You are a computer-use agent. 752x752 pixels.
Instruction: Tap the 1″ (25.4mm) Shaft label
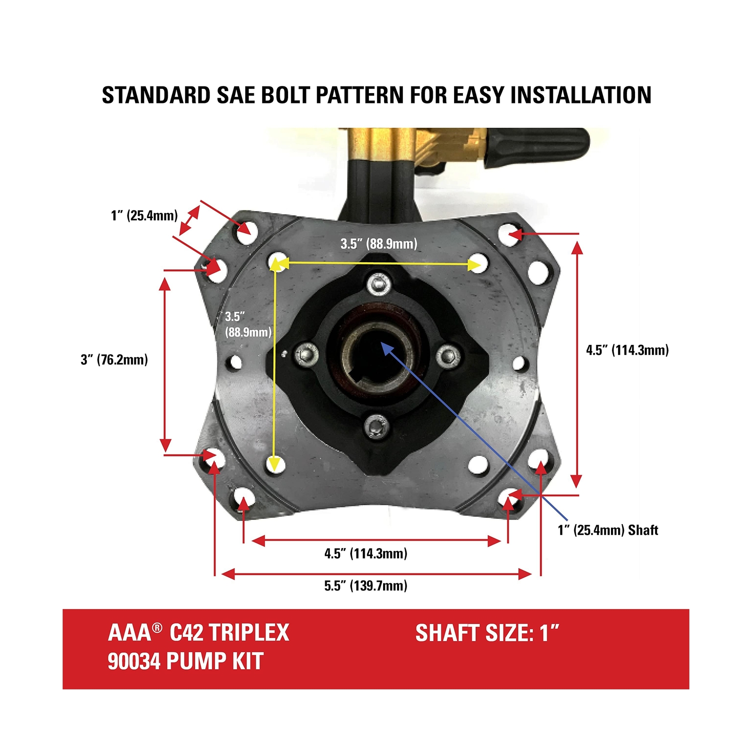pyautogui.click(x=608, y=530)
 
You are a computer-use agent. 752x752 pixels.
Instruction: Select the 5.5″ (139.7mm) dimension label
pyautogui.click(x=366, y=586)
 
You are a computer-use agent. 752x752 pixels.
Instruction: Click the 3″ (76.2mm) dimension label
pyautogui.click(x=114, y=360)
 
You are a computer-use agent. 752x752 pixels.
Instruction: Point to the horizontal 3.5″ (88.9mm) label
pyautogui.click(x=379, y=243)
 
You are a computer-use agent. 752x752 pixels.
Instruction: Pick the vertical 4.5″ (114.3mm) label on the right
pyautogui.click(x=627, y=350)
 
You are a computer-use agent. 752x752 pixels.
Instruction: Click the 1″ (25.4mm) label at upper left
pyautogui.click(x=144, y=215)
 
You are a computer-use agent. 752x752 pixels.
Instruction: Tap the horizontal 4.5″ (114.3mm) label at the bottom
pyautogui.click(x=366, y=553)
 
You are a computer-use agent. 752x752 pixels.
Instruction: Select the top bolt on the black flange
pyautogui.click(x=377, y=284)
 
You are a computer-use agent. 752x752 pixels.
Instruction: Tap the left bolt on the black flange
pyautogui.click(x=306, y=354)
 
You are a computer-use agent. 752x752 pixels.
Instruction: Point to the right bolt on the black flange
pyautogui.click(x=447, y=355)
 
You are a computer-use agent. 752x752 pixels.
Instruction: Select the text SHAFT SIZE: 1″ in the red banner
pyautogui.click(x=487, y=633)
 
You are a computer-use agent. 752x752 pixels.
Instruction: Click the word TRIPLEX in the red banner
pyautogui.click(x=249, y=633)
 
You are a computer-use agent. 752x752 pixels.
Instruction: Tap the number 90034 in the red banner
pyautogui.click(x=134, y=661)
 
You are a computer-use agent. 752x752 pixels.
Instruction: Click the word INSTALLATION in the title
pyautogui.click(x=581, y=95)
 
